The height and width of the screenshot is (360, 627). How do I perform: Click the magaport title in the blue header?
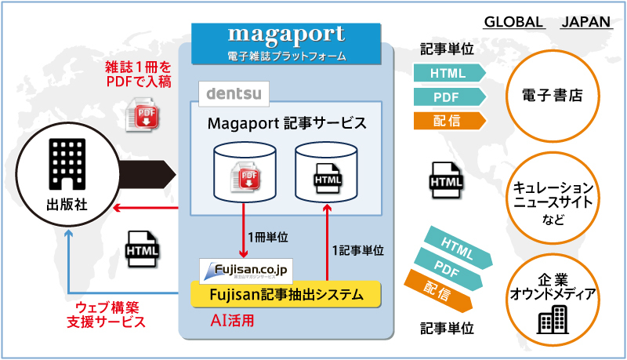286,35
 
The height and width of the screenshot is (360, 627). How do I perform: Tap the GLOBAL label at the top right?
514,21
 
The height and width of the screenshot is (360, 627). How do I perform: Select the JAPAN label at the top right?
586,21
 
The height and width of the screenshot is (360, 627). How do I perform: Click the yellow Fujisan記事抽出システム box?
285,295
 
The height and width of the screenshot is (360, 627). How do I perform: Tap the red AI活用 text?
233,321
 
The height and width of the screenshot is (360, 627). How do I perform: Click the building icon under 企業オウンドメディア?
553,319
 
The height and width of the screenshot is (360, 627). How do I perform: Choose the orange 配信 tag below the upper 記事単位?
448,120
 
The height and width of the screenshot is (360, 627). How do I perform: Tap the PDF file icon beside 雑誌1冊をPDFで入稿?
144,115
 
